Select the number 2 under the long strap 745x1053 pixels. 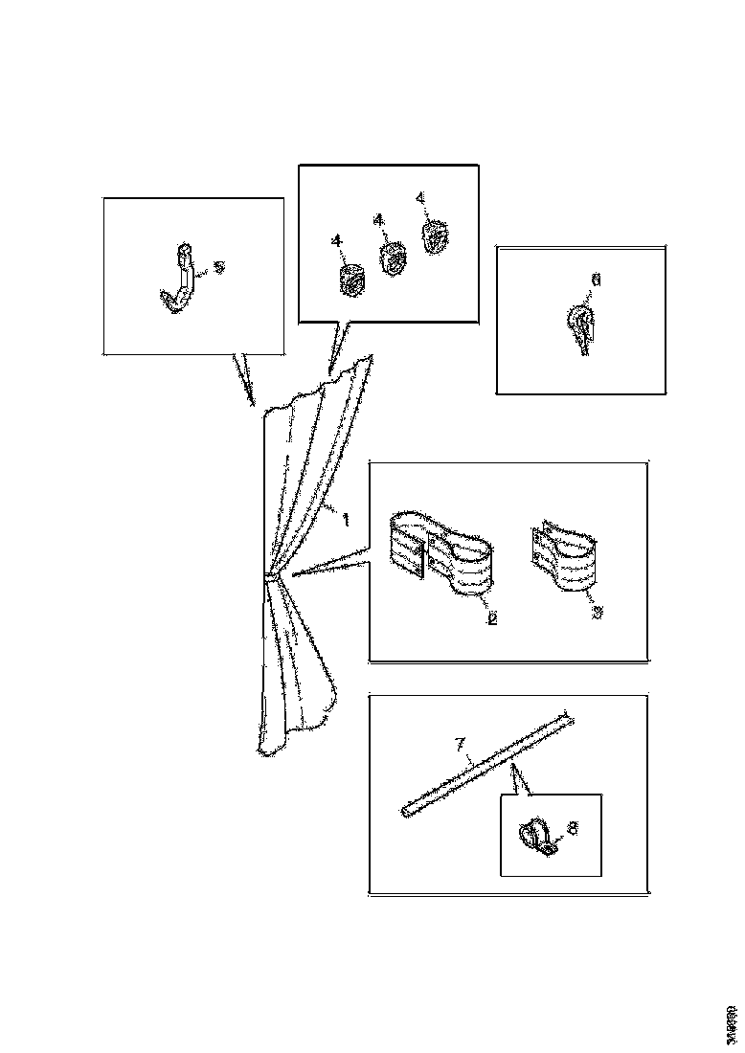coord(492,618)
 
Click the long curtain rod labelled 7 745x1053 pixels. coord(488,762)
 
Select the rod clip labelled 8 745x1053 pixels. coord(538,838)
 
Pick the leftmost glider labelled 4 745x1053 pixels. coord(353,279)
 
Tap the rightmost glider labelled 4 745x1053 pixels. coord(435,235)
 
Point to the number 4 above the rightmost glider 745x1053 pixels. coord(419,198)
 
